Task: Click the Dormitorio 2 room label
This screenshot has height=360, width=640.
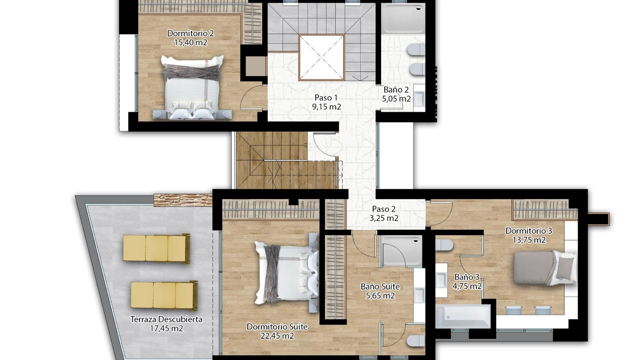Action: [x=190, y=33]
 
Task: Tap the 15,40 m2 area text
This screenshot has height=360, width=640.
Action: [x=190, y=43]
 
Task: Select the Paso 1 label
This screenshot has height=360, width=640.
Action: [x=326, y=98]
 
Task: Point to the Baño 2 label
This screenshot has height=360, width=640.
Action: [x=396, y=90]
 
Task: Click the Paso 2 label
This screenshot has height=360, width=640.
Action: [x=384, y=209]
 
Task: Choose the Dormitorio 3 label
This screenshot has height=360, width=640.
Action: [x=529, y=231]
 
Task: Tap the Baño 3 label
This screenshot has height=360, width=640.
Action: [x=467, y=277]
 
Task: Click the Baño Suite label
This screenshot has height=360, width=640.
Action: [x=380, y=287]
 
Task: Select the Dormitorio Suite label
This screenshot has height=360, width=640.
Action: [x=277, y=327]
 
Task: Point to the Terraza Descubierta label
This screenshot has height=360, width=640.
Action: [x=166, y=319]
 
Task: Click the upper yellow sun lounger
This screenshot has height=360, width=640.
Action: [x=156, y=248]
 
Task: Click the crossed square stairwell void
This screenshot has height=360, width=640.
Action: [x=321, y=58]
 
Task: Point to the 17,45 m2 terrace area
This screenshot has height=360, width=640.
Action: [x=166, y=329]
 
